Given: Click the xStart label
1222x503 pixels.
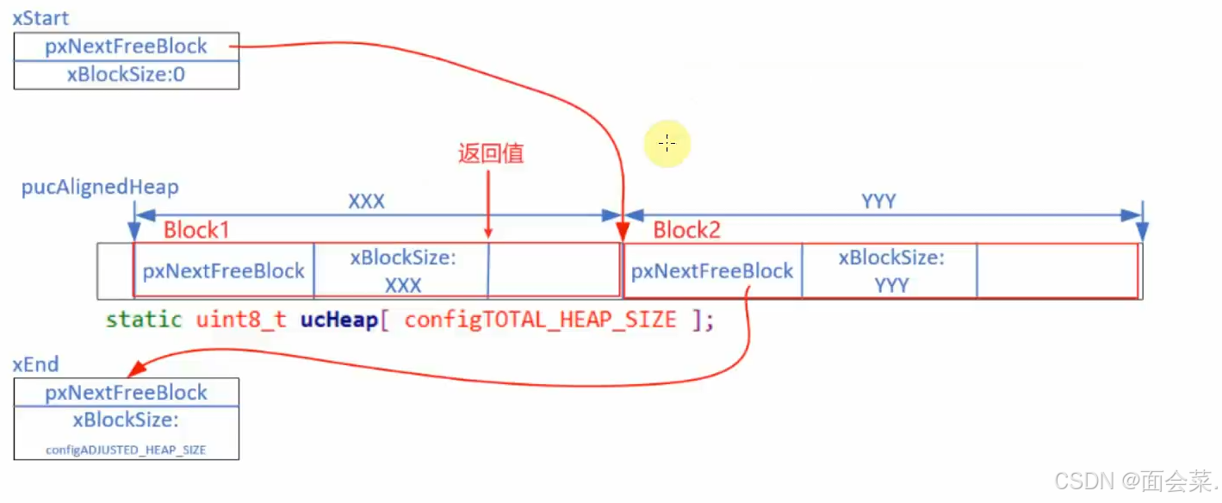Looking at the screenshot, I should [x=40, y=18].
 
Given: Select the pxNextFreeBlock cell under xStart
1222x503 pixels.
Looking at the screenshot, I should [x=126, y=47].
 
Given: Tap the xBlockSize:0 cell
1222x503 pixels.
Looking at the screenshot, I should [x=126, y=75].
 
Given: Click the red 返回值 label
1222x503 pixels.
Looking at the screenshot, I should [x=491, y=154].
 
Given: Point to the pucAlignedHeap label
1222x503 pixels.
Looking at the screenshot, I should [x=100, y=188].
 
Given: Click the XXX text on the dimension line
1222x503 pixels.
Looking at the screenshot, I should [x=366, y=202].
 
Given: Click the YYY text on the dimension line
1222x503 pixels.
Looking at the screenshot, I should [x=878, y=202].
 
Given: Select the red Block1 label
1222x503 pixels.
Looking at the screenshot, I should [x=197, y=230].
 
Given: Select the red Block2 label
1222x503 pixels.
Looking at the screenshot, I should [x=686, y=230].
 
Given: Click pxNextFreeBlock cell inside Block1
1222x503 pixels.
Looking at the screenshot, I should [x=224, y=271].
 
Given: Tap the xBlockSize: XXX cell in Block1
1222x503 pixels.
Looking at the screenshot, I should [x=402, y=271].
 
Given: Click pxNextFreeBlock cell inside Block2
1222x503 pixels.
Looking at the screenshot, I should [x=712, y=271].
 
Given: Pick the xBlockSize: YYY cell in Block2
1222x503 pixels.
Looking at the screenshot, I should [x=891, y=271].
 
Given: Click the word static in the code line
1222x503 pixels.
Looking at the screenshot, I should [x=144, y=320].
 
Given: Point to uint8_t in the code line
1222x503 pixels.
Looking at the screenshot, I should [x=240, y=320].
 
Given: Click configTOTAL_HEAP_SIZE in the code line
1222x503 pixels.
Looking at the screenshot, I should [x=540, y=320].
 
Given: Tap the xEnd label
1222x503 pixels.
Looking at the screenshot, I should [x=35, y=364].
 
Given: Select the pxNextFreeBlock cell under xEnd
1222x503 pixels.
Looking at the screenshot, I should [x=126, y=393].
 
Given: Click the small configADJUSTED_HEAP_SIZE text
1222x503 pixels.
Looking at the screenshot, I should [x=126, y=450].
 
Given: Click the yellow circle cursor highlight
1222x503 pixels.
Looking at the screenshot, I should [x=667, y=144].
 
